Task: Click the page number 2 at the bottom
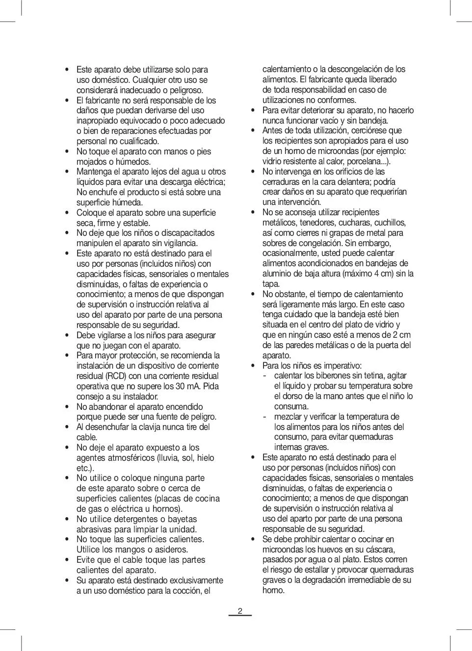click(x=240, y=611)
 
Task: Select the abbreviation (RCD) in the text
click(x=116, y=376)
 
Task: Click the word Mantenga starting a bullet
click(x=94, y=172)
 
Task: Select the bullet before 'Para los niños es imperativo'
click(x=253, y=366)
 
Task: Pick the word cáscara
click(x=380, y=550)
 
